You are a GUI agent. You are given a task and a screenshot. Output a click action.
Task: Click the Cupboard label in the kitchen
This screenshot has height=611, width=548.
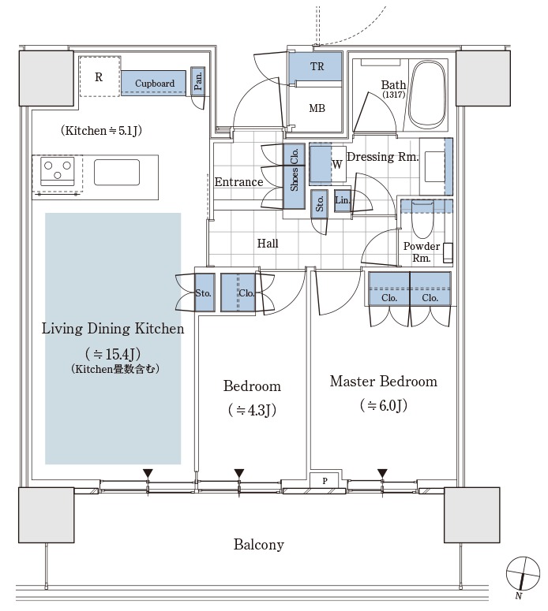click(155, 84)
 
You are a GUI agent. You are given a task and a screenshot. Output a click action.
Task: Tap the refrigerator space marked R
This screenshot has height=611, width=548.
click(100, 76)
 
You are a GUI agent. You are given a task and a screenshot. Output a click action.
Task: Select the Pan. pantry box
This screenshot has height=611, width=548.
click(198, 80)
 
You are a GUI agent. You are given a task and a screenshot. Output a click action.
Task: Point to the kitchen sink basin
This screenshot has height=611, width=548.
click(117, 172)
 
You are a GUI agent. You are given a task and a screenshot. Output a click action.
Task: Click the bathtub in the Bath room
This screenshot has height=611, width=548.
click(428, 95)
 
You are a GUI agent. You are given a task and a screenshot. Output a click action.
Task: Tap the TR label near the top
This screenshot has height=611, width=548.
click(317, 67)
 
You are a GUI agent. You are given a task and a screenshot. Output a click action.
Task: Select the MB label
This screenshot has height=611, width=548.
click(317, 108)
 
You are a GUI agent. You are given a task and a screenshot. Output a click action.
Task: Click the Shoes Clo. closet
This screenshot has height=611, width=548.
click(294, 176)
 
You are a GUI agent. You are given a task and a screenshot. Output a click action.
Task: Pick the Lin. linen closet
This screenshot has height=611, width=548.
click(343, 200)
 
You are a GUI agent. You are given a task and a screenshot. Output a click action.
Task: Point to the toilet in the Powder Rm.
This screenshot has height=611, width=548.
click(422, 218)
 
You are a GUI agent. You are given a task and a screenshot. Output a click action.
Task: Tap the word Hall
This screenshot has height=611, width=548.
click(268, 244)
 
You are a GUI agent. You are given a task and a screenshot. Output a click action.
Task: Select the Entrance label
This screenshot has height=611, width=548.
click(238, 182)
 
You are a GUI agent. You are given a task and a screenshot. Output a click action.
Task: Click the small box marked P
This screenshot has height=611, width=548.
click(325, 481)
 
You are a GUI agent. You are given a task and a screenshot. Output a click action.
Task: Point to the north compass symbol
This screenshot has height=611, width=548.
click(523, 574)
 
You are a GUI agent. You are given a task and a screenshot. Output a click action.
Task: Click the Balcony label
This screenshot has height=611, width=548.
click(259, 544)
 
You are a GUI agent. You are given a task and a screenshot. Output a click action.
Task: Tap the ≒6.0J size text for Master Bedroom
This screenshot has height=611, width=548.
click(384, 406)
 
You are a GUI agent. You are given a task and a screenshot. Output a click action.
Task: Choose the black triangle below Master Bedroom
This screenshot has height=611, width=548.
click(382, 473)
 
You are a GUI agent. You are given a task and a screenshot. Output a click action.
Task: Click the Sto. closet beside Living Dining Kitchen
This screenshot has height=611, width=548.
click(205, 292)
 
